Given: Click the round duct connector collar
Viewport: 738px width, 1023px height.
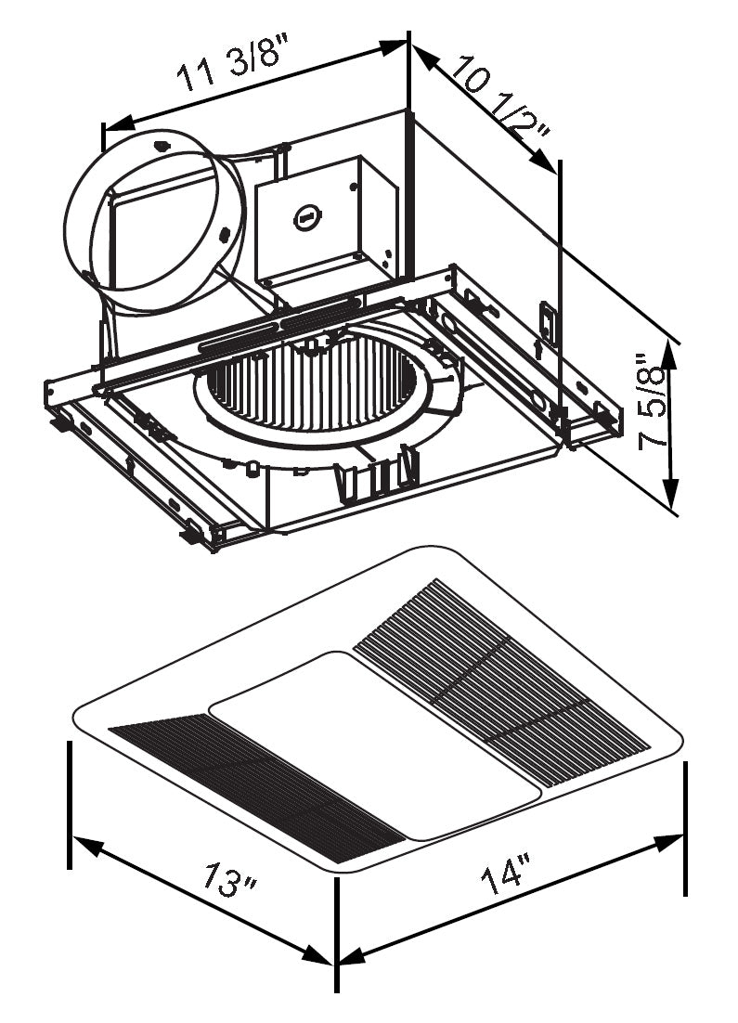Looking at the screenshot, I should coord(152,222).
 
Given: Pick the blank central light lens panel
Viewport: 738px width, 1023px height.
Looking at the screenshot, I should coord(376,743).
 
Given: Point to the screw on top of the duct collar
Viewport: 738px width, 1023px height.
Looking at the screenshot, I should coord(163,143).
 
